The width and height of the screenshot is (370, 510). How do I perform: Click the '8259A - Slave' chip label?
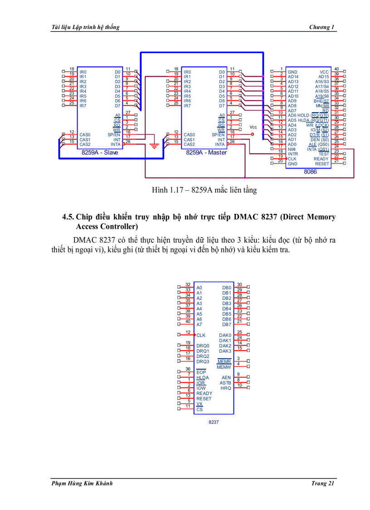pos(100,153)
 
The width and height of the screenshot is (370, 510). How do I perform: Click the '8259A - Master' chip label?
pos(206,153)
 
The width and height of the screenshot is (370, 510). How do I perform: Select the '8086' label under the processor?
pos(310,171)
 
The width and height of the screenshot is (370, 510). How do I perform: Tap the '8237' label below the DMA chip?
pos(214,422)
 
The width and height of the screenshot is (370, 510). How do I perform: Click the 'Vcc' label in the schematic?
pos(253,127)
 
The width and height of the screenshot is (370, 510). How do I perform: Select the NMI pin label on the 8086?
pos(292,149)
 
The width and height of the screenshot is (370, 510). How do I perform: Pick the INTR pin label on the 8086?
pos(293,154)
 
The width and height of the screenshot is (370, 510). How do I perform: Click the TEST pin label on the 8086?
pos(324,154)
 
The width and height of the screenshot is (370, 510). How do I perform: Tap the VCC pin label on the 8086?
pos(324,72)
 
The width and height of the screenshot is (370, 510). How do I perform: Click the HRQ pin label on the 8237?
pos(226,388)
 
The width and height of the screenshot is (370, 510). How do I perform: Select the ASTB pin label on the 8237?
pos(225,383)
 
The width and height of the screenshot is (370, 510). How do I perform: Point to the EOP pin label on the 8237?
pos(201,372)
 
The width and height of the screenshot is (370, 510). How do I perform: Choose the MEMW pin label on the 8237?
pos(224,367)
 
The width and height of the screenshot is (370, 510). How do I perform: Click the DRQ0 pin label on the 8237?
pos(203,346)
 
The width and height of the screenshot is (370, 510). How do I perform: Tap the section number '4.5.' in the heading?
pos(68,217)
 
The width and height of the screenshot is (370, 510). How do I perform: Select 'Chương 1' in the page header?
pos(322,27)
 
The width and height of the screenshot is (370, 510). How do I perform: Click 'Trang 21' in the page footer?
pos(323,483)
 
